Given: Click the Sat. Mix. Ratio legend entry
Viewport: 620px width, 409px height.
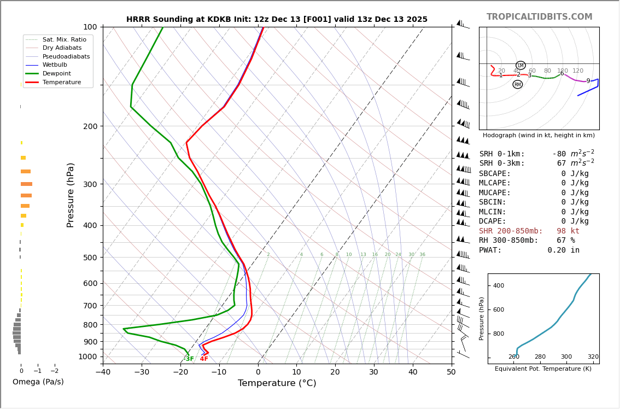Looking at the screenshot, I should coord(64,40).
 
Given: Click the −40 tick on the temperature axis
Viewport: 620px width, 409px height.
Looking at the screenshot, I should coord(103,372).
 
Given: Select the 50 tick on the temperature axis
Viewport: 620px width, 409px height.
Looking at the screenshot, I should coord(451,372).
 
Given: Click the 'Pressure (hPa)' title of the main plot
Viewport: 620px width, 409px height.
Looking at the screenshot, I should coord(71,195).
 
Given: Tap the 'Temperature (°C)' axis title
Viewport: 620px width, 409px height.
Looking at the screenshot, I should coord(277,383).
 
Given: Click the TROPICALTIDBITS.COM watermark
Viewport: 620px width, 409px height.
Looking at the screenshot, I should coord(539,17).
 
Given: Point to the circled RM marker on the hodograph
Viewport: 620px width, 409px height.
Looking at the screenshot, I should coord(517,84).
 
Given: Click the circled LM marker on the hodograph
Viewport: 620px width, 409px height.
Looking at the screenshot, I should coord(520,66).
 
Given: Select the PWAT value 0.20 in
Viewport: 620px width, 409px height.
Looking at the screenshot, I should coord(563,250).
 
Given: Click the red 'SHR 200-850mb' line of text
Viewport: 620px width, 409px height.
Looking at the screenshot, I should coord(529,231).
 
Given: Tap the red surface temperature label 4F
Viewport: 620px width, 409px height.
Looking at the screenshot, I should coord(204,359).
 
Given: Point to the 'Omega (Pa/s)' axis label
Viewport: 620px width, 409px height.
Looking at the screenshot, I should coord(38,382).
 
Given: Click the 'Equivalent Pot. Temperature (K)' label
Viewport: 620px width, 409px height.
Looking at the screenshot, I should coord(543,369).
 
